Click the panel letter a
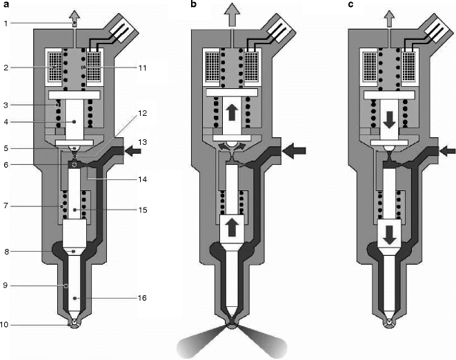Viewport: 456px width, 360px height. click(x=6, y=7)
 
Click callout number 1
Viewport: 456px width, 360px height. click(x=6, y=23)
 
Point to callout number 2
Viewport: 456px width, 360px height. click(x=6, y=68)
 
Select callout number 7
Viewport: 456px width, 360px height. click(x=6, y=205)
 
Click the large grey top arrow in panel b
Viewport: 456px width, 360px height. click(x=231, y=14)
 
